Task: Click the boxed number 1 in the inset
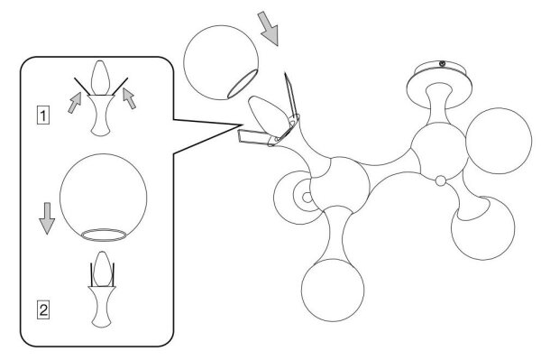[x=43, y=115]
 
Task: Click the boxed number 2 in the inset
[x=43, y=309]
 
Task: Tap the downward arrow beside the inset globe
[x=47, y=218]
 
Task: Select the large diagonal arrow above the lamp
[x=269, y=28]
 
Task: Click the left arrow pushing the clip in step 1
[x=75, y=103]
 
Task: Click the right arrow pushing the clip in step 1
[x=129, y=98]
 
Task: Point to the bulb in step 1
[x=100, y=78]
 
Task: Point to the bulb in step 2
[x=103, y=269]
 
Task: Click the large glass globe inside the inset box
[x=103, y=197]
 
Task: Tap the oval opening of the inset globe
[x=103, y=235]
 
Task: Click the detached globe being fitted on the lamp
[x=221, y=62]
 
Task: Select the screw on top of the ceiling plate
[x=442, y=63]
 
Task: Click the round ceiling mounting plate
[x=439, y=84]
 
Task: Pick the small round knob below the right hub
[x=441, y=180]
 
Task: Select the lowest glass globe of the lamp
[x=333, y=290]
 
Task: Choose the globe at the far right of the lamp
[x=499, y=141]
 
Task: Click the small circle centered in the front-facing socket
[x=307, y=198]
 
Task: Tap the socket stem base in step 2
[x=102, y=307]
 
